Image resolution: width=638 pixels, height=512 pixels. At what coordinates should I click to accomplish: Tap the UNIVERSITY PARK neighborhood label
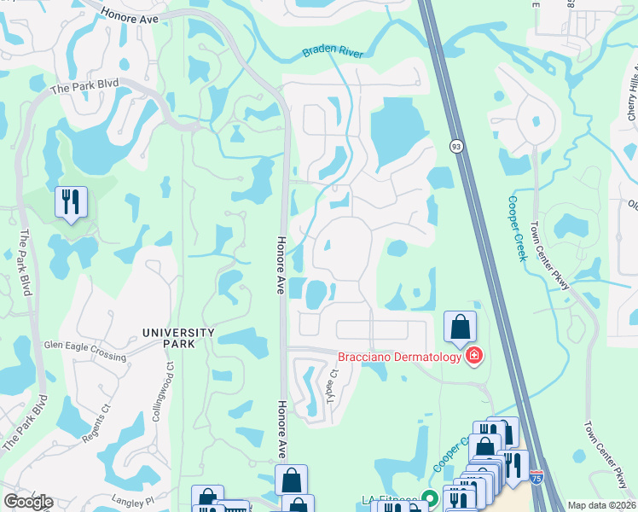tap(178, 337)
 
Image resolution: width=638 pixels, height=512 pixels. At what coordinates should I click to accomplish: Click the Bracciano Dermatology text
tap(398, 356)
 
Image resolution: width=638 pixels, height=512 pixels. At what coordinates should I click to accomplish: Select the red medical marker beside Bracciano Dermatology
tap(473, 356)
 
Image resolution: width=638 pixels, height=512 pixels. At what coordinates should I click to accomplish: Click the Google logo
tap(28, 501)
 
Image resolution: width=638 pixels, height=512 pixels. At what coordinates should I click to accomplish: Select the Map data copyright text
tap(601, 505)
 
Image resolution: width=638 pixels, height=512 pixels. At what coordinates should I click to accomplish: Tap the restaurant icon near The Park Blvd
tap(70, 202)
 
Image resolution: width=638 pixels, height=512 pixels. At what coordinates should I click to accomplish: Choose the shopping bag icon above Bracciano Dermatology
tap(460, 327)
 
